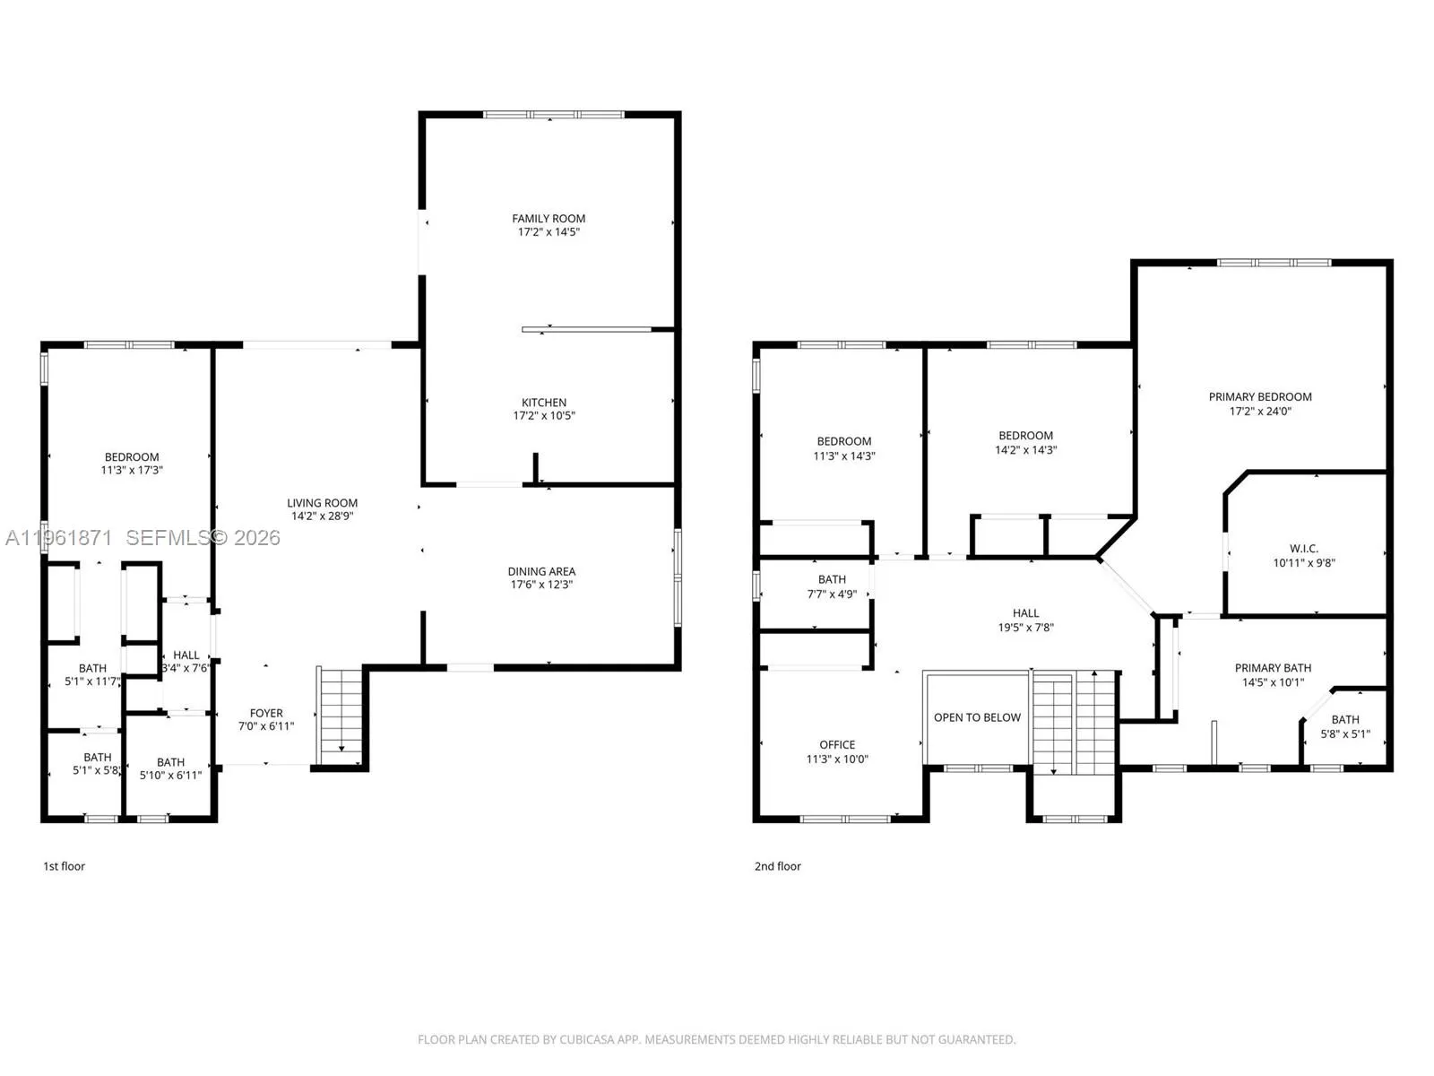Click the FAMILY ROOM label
point(549,219)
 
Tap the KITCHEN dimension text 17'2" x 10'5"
point(543,415)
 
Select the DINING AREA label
point(541,572)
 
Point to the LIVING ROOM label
point(322,503)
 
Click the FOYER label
point(266,714)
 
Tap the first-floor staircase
point(340,716)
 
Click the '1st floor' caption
point(64,866)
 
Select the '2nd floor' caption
point(777,866)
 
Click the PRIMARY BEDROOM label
point(1259,397)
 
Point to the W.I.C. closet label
point(1303,549)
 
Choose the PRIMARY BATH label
point(1273,668)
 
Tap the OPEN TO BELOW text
point(977,718)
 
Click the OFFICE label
point(837,745)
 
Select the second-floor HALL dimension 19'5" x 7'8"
point(1025,628)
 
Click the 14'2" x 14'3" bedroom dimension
point(1025,450)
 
